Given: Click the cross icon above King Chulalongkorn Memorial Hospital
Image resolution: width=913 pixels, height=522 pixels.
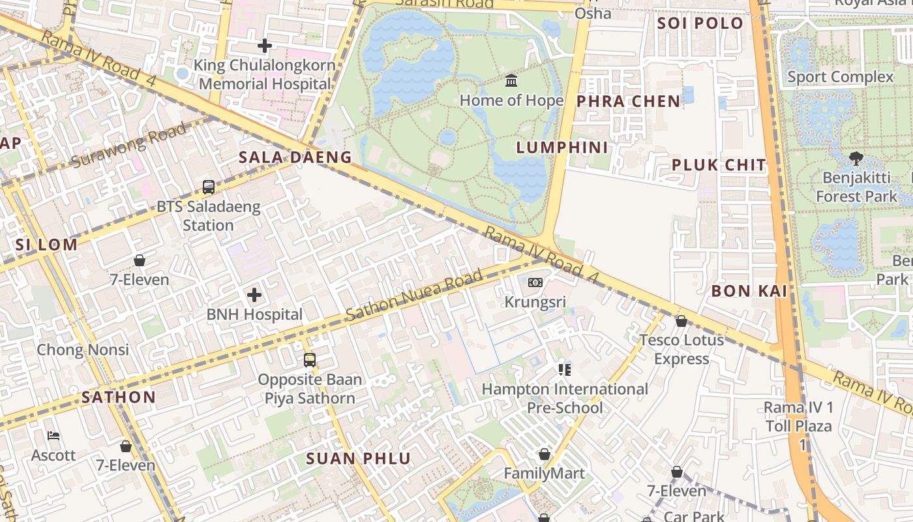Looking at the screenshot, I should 264,46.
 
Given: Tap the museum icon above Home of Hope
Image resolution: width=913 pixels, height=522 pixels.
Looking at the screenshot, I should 511,81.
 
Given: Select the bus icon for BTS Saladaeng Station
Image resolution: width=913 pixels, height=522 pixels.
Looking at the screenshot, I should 208,187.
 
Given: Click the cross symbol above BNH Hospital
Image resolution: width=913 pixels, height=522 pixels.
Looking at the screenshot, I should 254,295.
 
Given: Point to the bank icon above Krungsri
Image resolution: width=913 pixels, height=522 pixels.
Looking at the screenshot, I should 535,283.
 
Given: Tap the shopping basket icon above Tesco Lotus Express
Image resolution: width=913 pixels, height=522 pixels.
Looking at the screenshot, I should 681,321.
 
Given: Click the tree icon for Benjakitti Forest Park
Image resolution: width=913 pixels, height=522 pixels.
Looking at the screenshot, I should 856,158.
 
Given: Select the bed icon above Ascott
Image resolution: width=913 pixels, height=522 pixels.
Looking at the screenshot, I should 53,436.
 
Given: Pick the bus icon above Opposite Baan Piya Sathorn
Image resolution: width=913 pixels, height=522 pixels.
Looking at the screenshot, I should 310,360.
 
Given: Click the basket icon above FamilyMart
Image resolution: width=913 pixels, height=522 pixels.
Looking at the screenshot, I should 544,453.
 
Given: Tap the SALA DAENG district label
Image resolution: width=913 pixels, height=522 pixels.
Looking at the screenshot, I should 295,157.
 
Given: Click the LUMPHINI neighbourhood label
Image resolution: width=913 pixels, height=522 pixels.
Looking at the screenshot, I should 562,147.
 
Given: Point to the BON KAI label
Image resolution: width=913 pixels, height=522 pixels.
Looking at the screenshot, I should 749,291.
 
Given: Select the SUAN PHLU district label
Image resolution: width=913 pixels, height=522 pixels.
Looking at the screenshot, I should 359,458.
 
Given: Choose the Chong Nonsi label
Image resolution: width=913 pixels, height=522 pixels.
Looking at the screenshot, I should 83,350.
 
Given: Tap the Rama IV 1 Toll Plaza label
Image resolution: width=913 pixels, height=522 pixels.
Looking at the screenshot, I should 798,425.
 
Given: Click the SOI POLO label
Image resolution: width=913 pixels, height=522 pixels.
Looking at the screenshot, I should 700,23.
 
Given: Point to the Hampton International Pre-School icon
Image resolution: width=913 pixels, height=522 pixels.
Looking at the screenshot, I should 564,370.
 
